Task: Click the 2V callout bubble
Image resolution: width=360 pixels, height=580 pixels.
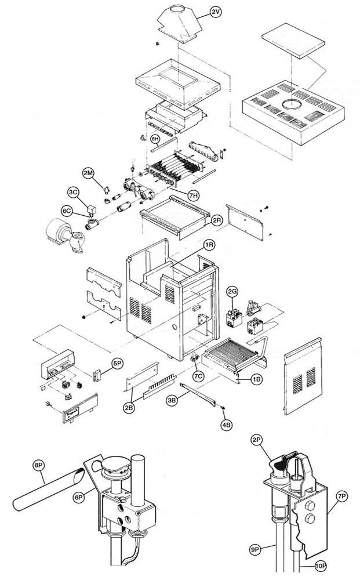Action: pos(216,12)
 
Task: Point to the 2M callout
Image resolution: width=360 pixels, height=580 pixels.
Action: pos(88,173)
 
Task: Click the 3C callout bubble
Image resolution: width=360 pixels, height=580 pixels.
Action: pos(73,192)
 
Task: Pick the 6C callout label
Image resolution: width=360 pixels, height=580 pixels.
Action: pos(67,212)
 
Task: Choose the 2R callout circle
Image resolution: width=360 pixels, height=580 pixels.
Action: pos(216,220)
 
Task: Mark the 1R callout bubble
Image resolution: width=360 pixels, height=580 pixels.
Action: pos(209,246)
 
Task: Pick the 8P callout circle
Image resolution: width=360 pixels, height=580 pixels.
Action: pos(39,465)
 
